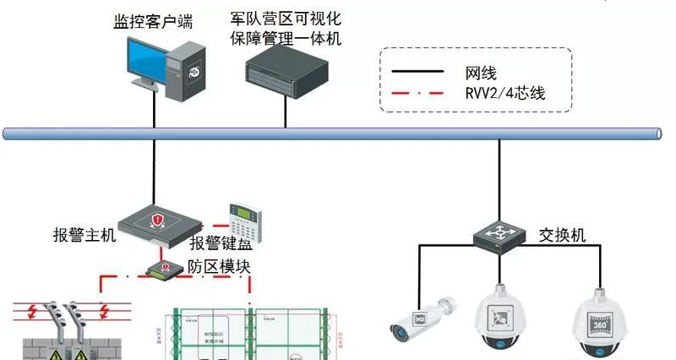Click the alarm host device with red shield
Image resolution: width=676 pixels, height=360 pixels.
pos(158,221)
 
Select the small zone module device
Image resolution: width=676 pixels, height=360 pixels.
pos(166,269)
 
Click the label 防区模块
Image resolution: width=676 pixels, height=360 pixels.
pos(221,266)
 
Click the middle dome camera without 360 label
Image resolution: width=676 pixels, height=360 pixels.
pos(504,322)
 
